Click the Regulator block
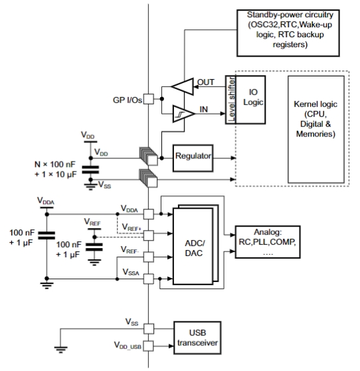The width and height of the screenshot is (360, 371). point(193,158)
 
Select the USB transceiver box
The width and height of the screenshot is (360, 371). point(197,338)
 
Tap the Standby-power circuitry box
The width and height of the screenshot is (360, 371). point(288,33)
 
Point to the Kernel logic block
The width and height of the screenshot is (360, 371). point(316,129)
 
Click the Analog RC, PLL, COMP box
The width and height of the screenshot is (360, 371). point(268,242)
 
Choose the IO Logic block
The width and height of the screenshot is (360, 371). point(250,100)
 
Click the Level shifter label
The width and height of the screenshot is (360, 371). point(231,100)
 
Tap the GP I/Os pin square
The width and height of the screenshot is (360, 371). point(149,99)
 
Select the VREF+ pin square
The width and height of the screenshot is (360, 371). point(149,235)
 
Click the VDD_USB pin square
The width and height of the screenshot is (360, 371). point(149,346)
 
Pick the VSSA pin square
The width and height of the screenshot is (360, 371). point(149,279)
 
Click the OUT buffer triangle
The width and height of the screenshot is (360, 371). point(182,86)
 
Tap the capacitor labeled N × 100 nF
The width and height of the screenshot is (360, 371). point(90,170)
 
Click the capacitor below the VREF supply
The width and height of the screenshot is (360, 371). point(94,247)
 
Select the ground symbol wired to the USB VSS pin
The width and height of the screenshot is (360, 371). point(60,350)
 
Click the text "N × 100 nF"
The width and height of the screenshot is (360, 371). point(55,164)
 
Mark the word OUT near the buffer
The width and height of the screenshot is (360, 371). point(206,82)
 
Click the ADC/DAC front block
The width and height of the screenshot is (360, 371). point(193,246)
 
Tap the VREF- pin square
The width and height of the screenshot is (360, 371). point(149,257)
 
